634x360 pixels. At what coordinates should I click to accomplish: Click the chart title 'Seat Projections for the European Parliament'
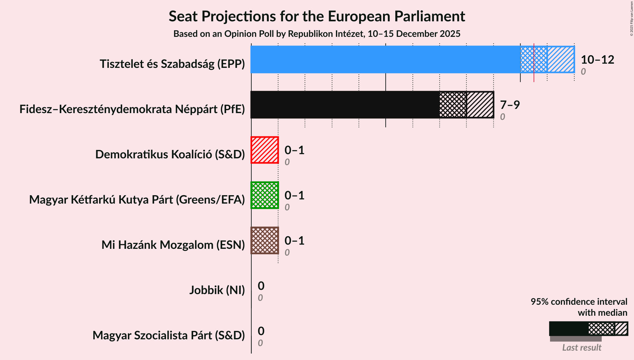pos(317,16)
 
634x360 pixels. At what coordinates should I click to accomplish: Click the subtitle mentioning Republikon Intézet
pos(317,34)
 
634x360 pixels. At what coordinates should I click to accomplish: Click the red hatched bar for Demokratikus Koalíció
pos(265,150)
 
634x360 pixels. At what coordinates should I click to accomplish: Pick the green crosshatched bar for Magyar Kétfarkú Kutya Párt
pos(265,195)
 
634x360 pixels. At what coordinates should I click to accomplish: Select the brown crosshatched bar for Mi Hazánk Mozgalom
pos(265,240)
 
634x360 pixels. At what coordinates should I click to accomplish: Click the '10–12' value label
pos(597,59)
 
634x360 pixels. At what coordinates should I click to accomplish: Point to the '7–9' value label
pos(510,105)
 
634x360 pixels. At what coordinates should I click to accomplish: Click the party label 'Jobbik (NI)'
pos(217,290)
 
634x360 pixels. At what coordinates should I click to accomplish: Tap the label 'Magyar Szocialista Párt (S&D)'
pos(169,335)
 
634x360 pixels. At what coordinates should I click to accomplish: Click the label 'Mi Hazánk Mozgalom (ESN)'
pos(173,245)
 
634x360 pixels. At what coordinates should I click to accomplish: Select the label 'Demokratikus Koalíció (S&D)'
pos(170,154)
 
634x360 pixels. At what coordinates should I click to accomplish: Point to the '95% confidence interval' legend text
pos(579,302)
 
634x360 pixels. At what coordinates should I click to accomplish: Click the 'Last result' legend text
pos(581,347)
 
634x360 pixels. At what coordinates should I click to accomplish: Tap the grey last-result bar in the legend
pos(576,339)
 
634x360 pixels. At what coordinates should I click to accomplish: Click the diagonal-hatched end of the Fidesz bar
pos(480,105)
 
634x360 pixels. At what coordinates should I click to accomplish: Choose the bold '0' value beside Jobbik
pos(261,286)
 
